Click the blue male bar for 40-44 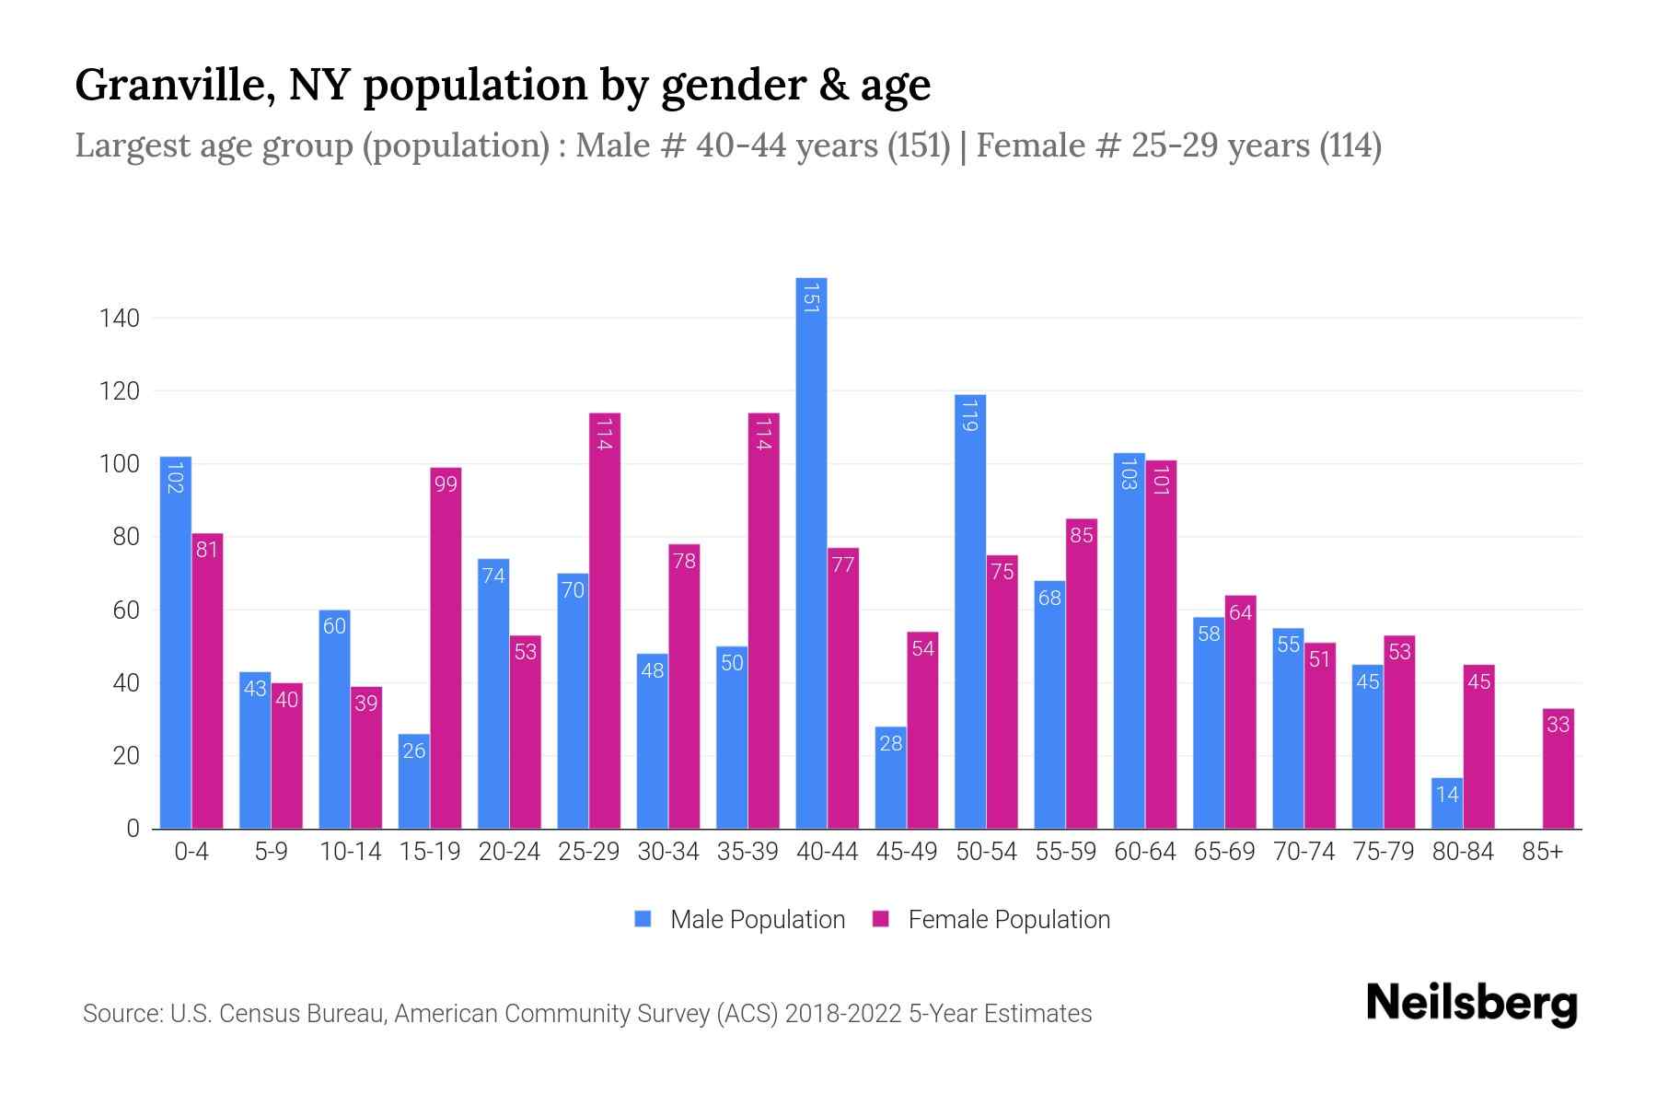pos(811,552)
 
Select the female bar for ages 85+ pos(1558,769)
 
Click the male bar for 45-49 pos(890,778)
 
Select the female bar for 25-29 pos(605,622)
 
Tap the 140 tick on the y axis pos(120,319)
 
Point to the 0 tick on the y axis pos(133,828)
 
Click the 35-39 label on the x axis pos(747,852)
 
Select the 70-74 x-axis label pos(1304,852)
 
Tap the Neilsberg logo pos(1471,1004)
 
